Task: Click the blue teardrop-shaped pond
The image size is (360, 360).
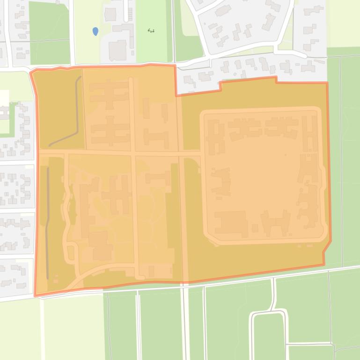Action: [x=96, y=31]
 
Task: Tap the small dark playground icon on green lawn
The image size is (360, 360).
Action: [x=151, y=31]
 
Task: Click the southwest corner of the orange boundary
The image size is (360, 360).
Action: [x=35, y=295]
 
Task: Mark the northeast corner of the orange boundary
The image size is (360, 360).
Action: [x=327, y=83]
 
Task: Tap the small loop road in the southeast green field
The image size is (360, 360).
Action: [x=269, y=327]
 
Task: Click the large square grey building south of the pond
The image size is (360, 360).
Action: [x=117, y=50]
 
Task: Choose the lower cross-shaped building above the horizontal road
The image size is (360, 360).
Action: [x=110, y=131]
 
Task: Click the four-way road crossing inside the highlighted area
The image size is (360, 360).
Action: [x=133, y=153]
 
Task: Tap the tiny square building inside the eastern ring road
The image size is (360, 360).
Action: [x=255, y=228]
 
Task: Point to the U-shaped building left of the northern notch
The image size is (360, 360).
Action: [x=156, y=138]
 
